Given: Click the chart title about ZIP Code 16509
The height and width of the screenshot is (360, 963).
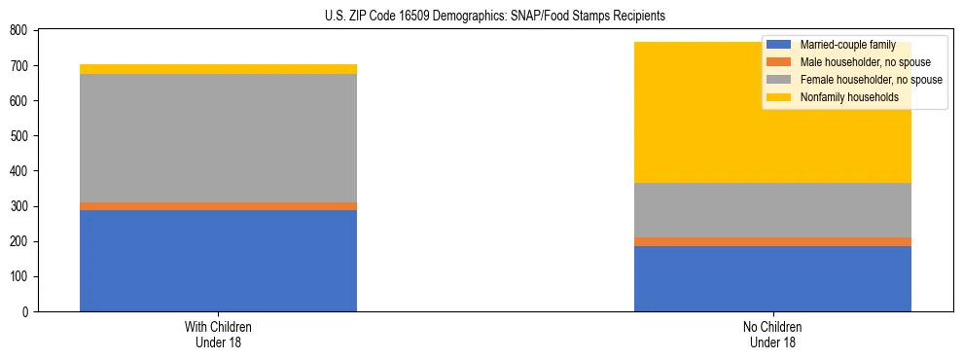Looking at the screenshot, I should [x=481, y=17].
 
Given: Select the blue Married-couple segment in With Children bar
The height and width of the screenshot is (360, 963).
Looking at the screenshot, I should [x=218, y=260].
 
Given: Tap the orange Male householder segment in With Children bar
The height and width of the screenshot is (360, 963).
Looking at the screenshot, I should [x=218, y=206].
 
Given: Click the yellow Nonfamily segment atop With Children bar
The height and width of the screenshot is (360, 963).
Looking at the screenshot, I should [x=218, y=69].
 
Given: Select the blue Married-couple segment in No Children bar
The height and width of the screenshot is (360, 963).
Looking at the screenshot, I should [x=772, y=278].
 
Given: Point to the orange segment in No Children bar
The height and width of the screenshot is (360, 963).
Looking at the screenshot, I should [x=772, y=241].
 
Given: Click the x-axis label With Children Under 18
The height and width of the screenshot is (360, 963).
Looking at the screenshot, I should [x=218, y=334].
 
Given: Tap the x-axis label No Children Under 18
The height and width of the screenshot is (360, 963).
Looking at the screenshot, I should [x=772, y=334].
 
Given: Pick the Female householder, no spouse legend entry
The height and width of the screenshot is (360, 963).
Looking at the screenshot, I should [x=870, y=80].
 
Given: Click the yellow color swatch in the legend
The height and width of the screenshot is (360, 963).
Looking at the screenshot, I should [x=779, y=97].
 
